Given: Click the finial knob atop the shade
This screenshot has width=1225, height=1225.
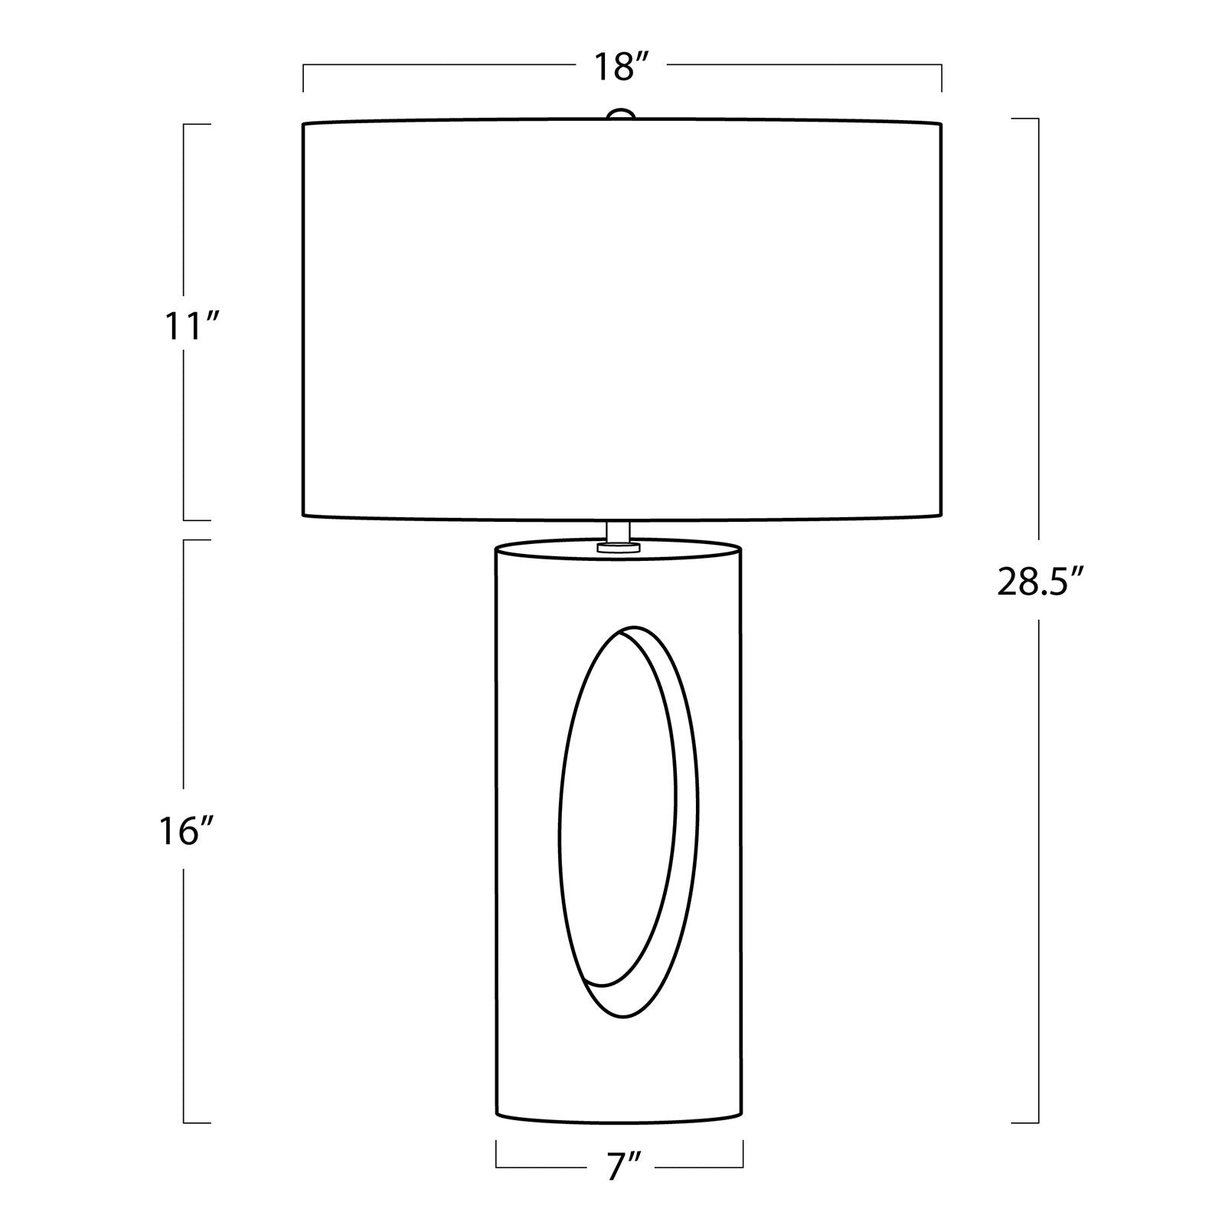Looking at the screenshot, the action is tap(622, 114).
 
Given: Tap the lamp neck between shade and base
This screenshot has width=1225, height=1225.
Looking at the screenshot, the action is tap(619, 530).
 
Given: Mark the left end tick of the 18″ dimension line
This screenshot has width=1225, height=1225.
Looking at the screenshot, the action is tap(303, 79).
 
